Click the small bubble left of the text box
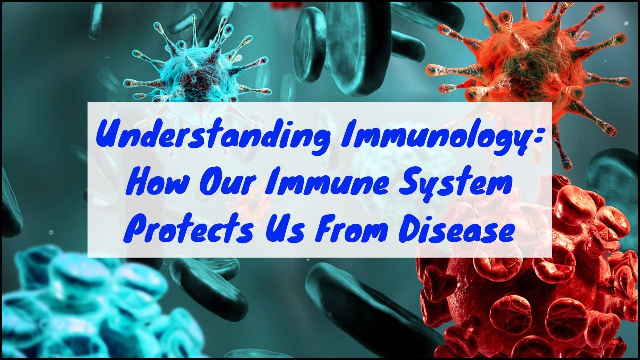(x=51, y=232)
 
